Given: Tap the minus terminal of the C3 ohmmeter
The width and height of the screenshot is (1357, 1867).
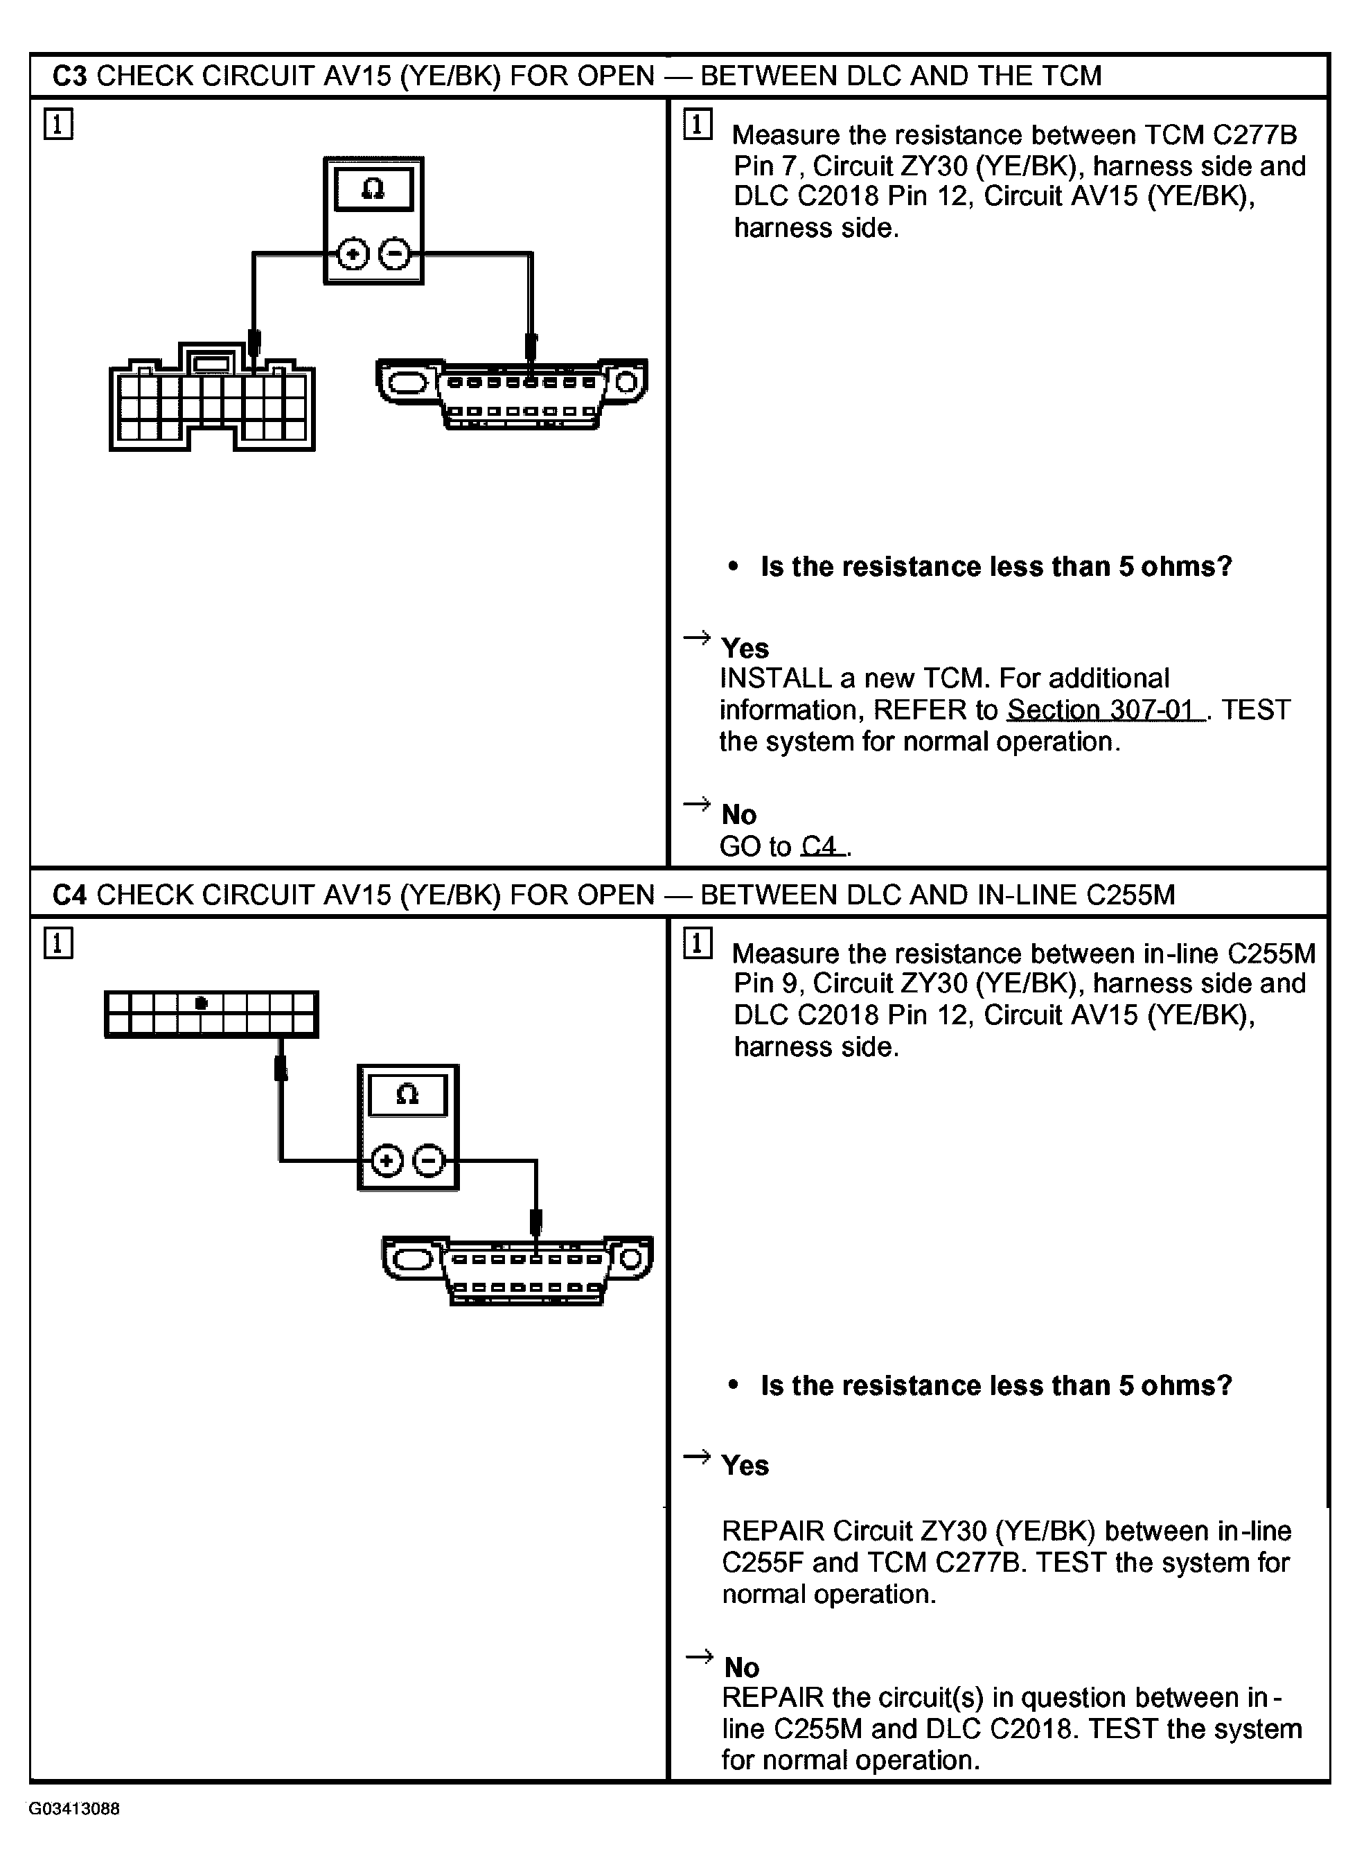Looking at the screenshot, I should [x=394, y=254].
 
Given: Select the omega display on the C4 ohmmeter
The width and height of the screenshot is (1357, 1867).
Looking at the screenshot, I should [x=407, y=1095].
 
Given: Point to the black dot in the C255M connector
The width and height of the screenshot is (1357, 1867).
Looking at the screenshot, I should [x=201, y=1003].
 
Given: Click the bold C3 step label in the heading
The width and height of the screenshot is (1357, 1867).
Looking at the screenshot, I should [x=69, y=76].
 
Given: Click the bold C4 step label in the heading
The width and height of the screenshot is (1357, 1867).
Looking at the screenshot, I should [x=69, y=895].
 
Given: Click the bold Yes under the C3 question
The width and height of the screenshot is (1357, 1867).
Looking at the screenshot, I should [x=745, y=649].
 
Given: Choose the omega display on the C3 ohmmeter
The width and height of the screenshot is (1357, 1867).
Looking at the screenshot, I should [x=373, y=190].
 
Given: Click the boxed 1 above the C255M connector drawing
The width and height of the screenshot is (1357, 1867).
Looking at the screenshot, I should [x=57, y=943].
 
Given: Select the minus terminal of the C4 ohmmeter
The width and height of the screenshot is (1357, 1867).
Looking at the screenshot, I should [x=428, y=1162].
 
